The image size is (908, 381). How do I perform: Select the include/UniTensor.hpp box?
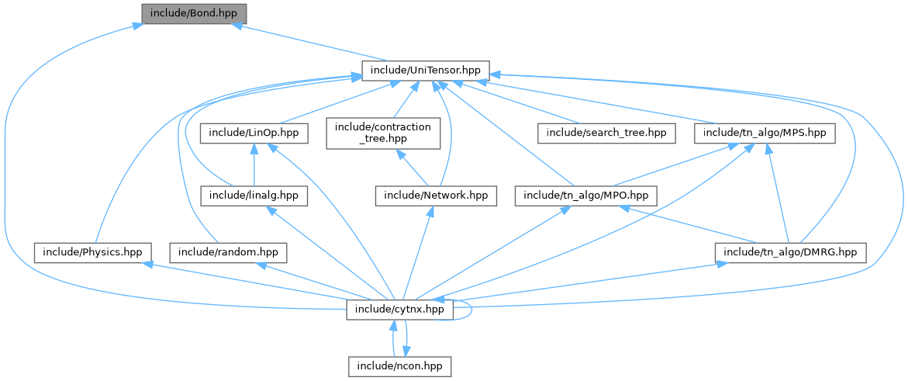click(426, 71)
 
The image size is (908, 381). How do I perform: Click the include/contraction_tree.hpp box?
click(383, 133)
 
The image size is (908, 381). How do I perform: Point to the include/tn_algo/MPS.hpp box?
click(764, 133)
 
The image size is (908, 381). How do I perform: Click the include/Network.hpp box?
click(435, 195)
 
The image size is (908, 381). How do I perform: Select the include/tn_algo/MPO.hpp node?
click(586, 195)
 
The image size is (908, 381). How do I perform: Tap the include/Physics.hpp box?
click(91, 252)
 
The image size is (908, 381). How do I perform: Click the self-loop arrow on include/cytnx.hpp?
click(471, 310)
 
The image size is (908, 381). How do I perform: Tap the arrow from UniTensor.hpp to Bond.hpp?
click(310, 43)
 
